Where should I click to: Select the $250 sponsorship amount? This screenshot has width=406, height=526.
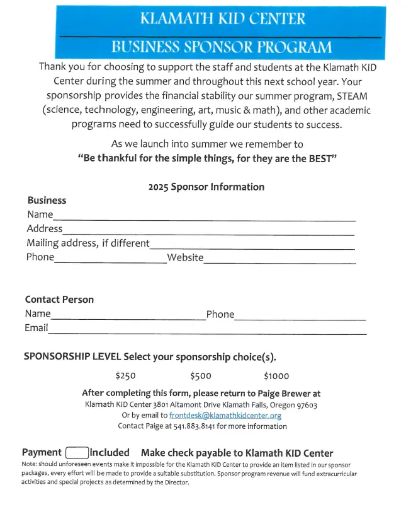pos(125,376)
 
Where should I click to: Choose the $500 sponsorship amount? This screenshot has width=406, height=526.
pos(200,376)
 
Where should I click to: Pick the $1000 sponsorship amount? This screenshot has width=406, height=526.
pos(276,376)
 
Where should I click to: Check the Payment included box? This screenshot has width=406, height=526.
pos(77,452)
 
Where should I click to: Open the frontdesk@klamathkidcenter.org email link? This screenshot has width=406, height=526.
pos(225,416)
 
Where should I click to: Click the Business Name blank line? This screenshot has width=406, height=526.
pos(205,218)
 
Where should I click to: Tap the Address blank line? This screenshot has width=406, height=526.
pos(208,231)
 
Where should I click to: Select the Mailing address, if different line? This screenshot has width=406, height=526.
pos(252,246)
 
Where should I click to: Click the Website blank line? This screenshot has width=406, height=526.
pos(279,260)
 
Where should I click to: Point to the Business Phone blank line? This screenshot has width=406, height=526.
pos(110,260)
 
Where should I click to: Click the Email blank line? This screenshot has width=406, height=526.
pos(208,330)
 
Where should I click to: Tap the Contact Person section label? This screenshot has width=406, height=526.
pos(59,300)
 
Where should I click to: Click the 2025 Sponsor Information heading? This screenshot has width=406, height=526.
pos(206,187)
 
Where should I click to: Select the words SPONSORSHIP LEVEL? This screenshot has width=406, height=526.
pos(72,356)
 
